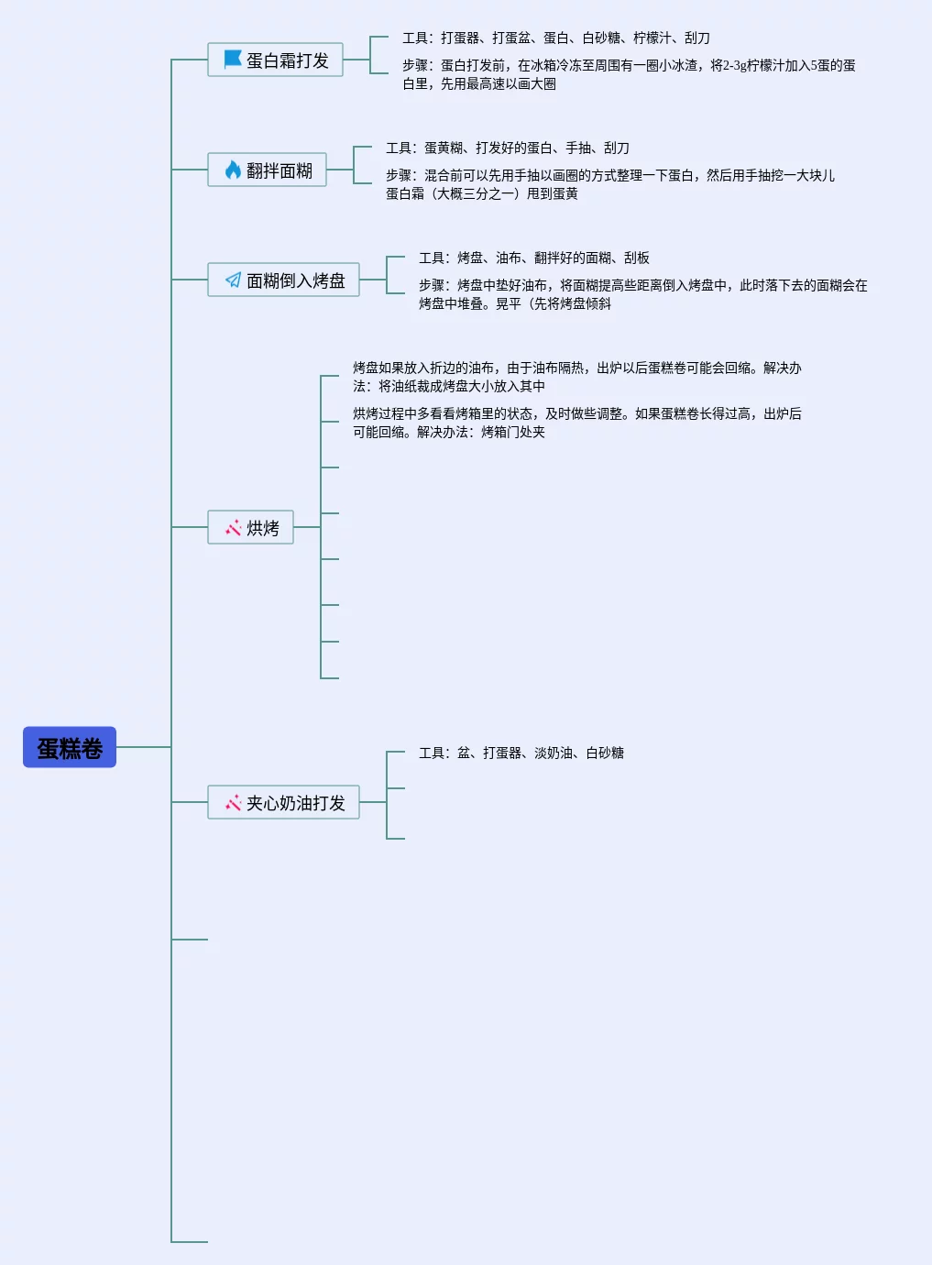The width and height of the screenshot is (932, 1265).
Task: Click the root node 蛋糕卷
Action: point(70,747)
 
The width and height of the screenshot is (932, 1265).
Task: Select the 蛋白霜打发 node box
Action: point(275,60)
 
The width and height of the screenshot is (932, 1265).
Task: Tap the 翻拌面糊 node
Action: point(267,170)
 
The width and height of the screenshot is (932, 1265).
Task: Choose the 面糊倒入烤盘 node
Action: point(283,280)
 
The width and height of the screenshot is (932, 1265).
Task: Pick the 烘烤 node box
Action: point(250,527)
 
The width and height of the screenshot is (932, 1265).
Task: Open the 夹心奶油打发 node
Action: point(283,802)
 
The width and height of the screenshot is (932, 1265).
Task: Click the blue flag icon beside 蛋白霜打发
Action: point(233,60)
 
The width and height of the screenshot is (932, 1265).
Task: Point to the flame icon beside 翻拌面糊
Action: point(233,170)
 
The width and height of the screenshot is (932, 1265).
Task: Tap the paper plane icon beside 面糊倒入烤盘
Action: point(233,280)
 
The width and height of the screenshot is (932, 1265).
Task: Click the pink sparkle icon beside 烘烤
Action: point(233,527)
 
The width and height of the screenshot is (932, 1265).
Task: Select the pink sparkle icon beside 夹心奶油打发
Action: point(233,802)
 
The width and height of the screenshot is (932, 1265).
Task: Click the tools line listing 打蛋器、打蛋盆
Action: point(555,38)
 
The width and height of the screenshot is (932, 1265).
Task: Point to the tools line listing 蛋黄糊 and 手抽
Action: point(507,148)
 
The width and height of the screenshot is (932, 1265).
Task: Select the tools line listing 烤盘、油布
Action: point(533,258)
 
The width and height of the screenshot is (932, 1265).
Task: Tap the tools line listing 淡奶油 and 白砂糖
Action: point(521,753)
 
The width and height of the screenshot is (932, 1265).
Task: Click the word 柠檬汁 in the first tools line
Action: point(652,38)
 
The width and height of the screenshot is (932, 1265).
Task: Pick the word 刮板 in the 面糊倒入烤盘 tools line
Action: point(637,258)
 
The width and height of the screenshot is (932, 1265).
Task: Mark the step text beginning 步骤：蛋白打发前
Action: point(628,74)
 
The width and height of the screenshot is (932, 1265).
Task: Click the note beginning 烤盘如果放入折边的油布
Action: point(576,377)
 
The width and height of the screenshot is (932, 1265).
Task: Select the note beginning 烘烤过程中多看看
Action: point(576,423)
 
